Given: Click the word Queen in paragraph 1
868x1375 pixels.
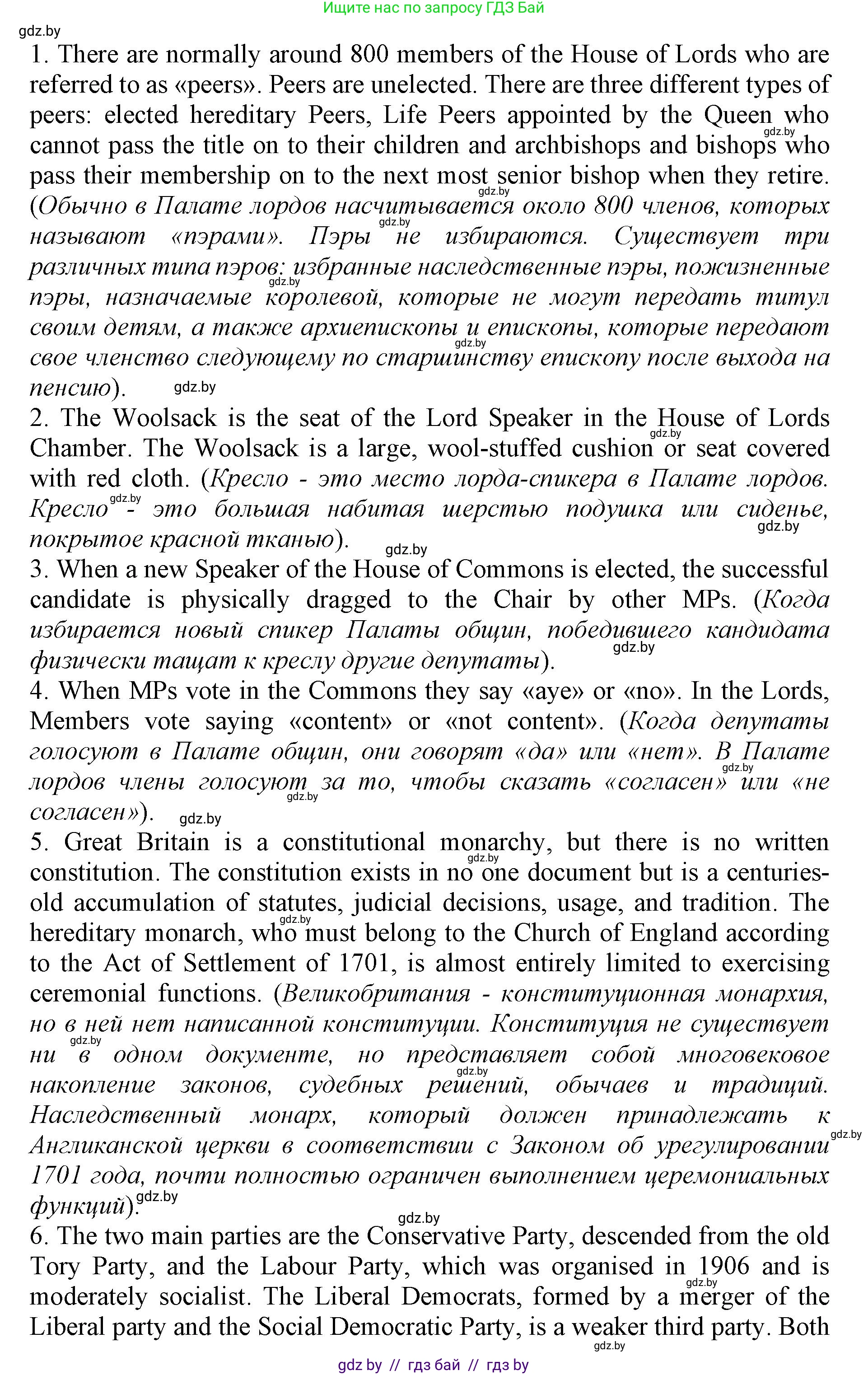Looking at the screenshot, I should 737,115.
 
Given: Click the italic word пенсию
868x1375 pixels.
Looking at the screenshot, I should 70,388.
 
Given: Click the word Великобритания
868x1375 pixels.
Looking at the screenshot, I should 376,994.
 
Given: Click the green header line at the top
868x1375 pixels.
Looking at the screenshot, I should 434,8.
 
